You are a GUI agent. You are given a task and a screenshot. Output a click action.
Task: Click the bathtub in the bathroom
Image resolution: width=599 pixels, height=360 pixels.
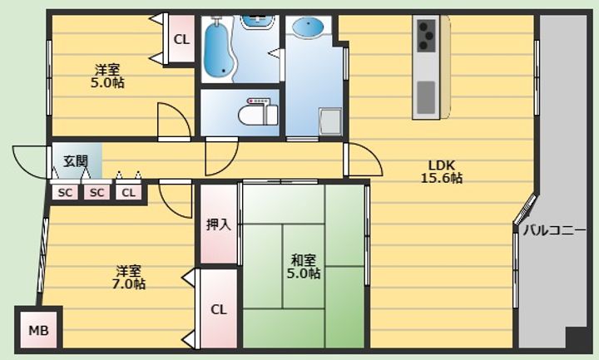click(218, 48)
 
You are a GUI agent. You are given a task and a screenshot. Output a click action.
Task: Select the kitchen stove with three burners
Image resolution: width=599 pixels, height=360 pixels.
click(426, 36)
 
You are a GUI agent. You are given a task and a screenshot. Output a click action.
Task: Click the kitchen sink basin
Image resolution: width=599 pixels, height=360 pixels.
click(426, 97)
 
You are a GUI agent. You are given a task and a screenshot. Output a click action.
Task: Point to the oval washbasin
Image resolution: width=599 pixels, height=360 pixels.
click(308, 27)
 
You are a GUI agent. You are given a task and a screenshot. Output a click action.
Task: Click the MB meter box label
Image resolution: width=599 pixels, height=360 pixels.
click(38, 330)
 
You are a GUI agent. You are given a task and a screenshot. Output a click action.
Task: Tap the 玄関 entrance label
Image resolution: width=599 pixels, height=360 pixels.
click(75, 161)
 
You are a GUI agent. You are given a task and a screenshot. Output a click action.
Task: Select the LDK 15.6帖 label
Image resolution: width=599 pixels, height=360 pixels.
click(442, 171)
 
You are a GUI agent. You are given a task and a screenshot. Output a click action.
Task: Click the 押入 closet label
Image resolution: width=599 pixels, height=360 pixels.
click(219, 224)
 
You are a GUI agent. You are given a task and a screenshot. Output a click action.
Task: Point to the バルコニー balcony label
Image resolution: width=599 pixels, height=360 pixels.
click(554, 230)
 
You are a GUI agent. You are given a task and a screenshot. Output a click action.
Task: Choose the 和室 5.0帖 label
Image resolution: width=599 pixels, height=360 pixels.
click(304, 267)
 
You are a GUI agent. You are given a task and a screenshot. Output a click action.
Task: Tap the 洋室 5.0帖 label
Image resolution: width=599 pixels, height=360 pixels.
click(107, 76)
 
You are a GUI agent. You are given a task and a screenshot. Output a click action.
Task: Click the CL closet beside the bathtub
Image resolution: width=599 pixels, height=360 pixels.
click(181, 39)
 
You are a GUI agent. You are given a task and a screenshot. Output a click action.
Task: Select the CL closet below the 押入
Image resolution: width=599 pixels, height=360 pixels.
click(219, 309)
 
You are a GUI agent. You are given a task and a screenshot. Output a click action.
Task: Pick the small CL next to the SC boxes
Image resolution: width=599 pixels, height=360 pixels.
click(128, 193)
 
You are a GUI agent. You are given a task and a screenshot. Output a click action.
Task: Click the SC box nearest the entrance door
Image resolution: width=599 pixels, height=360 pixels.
click(65, 193)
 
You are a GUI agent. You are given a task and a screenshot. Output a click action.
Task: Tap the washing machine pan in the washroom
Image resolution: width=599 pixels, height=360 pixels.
click(330, 121)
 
